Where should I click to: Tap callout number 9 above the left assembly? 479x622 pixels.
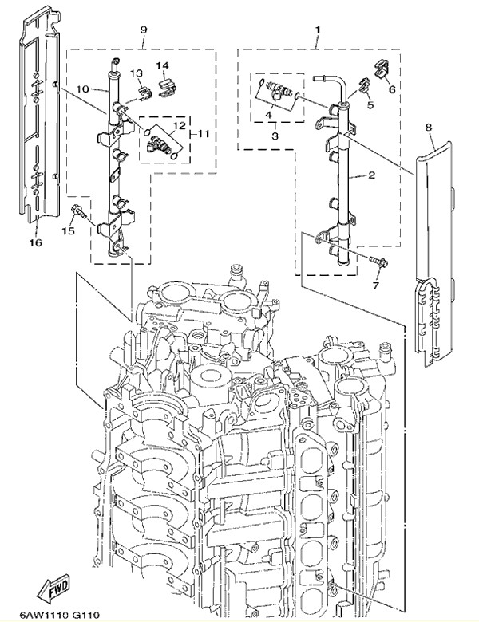[144, 30]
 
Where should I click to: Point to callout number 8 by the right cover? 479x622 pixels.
[428, 127]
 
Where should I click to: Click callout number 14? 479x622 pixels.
[162, 65]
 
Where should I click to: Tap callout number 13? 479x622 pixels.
[136, 73]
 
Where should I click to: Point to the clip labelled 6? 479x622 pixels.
[380, 69]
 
